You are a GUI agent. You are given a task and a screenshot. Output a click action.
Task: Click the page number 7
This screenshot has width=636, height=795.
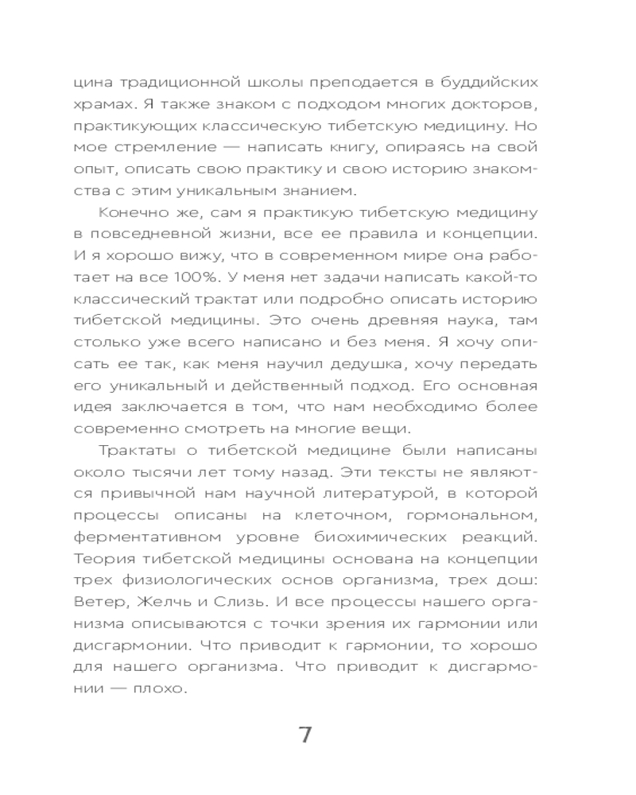coord(305,734)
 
